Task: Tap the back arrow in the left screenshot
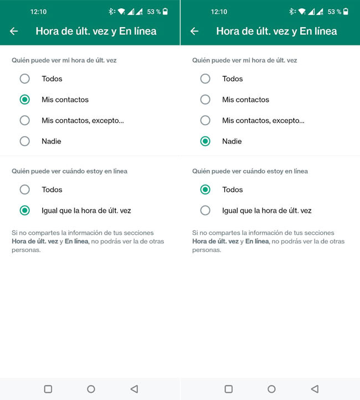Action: click(14, 32)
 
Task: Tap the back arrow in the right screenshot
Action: click(194, 32)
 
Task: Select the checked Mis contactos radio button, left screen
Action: click(25, 100)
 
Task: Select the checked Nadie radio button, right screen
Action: click(205, 141)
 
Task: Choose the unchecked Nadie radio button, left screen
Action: click(25, 141)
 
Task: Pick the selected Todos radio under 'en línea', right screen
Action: click(205, 189)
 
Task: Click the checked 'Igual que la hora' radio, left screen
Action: click(25, 211)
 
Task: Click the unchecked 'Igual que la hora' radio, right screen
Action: click(205, 211)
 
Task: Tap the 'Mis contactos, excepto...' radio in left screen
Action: click(25, 120)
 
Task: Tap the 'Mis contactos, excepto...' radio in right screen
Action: click(205, 120)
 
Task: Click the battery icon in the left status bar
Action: click(165, 12)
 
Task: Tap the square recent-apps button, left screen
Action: click(48, 389)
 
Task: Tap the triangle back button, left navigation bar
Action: click(135, 389)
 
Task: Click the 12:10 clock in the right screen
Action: click(219, 12)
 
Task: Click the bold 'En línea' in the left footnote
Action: click(76, 242)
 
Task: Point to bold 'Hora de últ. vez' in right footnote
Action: click(215, 242)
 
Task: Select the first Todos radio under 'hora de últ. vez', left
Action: click(25, 79)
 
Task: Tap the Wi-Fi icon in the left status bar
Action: click(121, 12)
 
